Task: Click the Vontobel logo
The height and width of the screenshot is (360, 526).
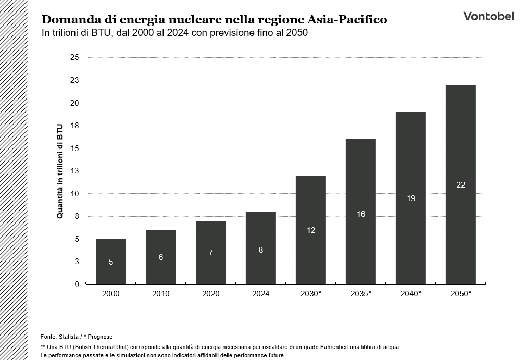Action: pos(488,16)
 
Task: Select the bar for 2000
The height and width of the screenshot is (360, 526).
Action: pos(111,262)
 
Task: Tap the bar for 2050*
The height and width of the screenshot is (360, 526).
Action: pos(460,184)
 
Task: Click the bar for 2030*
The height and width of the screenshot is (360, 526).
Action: pos(311,230)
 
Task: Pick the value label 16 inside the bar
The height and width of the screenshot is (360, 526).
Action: pos(361,214)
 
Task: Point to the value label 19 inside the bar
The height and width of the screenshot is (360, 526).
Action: pos(411,198)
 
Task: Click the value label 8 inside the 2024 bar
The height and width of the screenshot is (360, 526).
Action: pos(261,250)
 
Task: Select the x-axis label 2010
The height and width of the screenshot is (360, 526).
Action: pos(161,294)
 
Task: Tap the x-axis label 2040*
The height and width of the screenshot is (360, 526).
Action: pos(411,294)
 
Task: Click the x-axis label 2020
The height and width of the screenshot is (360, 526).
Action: pos(211,294)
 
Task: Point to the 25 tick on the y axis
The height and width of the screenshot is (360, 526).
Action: pos(74,57)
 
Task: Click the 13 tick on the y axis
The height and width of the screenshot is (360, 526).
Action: pos(74,171)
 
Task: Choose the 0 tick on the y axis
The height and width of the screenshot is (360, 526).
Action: pos(77,284)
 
